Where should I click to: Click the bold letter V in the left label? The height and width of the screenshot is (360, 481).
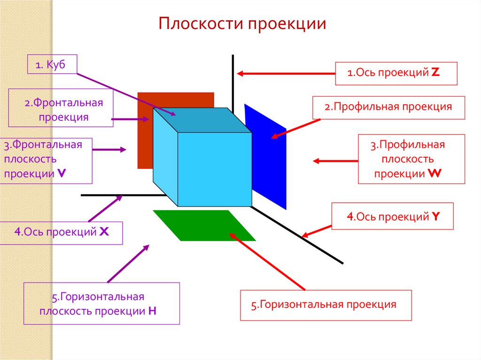pyautogui.click(x=62, y=173)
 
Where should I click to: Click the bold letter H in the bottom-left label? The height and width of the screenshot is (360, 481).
pyautogui.click(x=152, y=310)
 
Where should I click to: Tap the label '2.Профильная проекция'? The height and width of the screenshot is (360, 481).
pyautogui.click(x=388, y=107)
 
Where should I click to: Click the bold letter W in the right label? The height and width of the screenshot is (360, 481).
pyautogui.click(x=434, y=173)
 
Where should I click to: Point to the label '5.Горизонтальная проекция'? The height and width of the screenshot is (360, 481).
pyautogui.click(x=325, y=305)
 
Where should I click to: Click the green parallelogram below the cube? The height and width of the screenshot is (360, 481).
pyautogui.click(x=204, y=226)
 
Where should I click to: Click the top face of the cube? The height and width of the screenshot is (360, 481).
pyautogui.click(x=202, y=122)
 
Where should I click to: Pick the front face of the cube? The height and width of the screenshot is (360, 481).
pyautogui.click(x=214, y=169)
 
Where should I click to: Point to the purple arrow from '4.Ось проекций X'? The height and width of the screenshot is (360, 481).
pyautogui.click(x=105, y=208)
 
